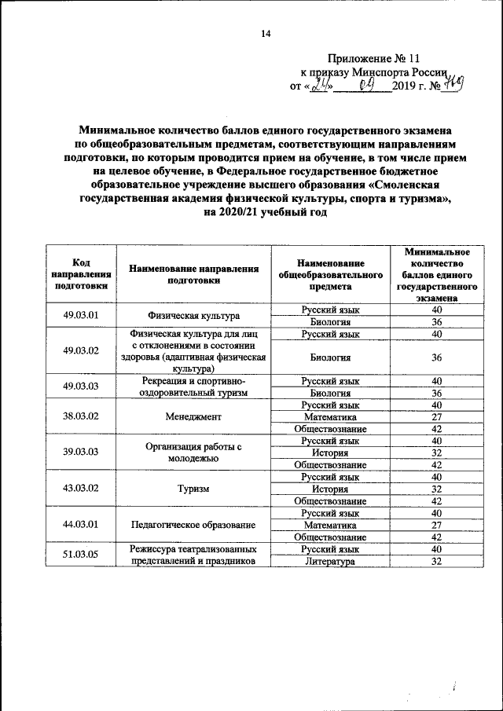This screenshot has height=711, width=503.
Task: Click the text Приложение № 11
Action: [376, 58]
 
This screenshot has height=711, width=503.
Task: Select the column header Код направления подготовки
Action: [80, 274]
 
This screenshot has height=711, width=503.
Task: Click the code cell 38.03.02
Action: [80, 416]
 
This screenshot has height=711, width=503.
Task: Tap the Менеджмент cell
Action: [193, 416]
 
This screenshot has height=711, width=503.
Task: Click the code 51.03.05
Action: [80, 555]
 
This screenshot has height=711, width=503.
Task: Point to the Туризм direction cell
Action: [193, 488]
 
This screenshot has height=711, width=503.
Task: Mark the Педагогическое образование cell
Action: [193, 524]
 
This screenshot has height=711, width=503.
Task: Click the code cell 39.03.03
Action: [80, 453]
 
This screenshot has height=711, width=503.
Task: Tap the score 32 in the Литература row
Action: [437, 562]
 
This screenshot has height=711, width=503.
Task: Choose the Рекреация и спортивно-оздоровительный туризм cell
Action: [193, 387]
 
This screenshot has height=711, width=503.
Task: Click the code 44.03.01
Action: [80, 524]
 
